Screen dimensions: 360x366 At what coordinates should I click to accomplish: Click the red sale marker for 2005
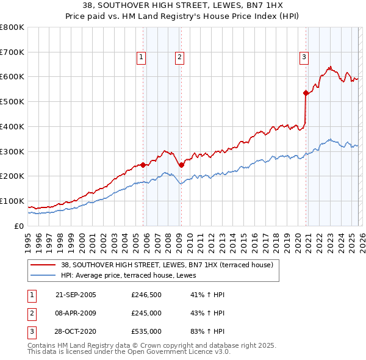[x=143, y=164]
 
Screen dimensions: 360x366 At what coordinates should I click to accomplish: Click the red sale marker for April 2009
[x=181, y=165]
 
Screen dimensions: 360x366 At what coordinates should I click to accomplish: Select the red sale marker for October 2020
[x=306, y=93]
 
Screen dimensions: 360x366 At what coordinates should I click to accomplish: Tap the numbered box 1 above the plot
[x=141, y=58]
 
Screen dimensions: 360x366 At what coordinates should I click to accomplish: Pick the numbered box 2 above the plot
[x=180, y=58]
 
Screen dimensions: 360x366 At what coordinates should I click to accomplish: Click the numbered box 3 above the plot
[x=303, y=58]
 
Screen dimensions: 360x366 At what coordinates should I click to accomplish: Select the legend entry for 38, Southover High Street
[x=170, y=265]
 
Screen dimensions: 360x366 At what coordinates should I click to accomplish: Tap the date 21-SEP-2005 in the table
[x=76, y=295]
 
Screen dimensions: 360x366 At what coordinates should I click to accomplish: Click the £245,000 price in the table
[x=146, y=313]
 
